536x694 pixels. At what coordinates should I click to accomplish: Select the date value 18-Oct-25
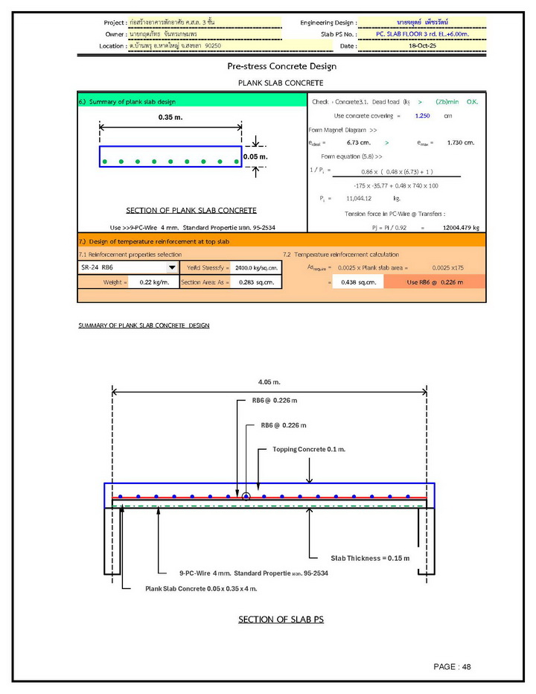pyautogui.click(x=421, y=45)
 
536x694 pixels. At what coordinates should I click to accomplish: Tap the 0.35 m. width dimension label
pyautogui.click(x=170, y=118)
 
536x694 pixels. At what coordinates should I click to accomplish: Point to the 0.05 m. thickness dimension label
pyautogui.click(x=255, y=157)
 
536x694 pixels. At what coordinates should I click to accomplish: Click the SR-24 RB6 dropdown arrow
pyautogui.click(x=172, y=267)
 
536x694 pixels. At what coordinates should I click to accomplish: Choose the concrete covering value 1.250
pyautogui.click(x=422, y=116)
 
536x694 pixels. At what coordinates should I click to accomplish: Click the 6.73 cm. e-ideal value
pyautogui.click(x=359, y=142)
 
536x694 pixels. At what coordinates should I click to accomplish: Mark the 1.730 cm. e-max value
pyautogui.click(x=461, y=142)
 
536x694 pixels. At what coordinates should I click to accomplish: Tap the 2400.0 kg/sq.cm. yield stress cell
pyautogui.click(x=256, y=267)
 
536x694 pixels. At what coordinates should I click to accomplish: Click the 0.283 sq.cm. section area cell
pyautogui.click(x=256, y=282)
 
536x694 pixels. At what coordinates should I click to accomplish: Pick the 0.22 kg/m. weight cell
pyautogui.click(x=154, y=282)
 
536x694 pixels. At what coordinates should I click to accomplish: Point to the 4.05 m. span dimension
pyautogui.click(x=269, y=382)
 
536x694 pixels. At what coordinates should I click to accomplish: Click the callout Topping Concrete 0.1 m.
pyautogui.click(x=309, y=450)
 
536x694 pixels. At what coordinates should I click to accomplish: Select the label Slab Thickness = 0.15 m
pyautogui.click(x=370, y=558)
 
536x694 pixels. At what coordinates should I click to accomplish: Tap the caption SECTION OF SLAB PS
pyautogui.click(x=281, y=620)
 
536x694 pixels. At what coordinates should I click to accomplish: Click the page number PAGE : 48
pyautogui.click(x=453, y=666)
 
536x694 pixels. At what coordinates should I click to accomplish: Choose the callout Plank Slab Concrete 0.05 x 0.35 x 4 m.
pyautogui.click(x=201, y=588)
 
